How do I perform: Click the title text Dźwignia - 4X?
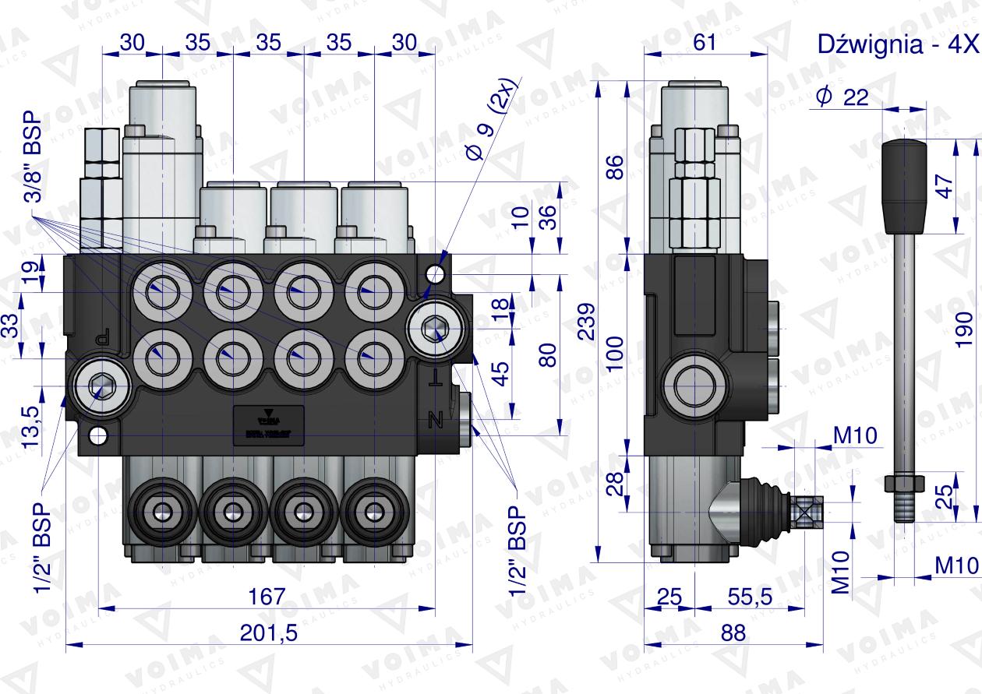coord(896,44)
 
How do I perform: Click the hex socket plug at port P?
coord(97,386)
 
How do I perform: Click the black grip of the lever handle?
coord(904,187)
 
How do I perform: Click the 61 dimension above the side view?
coord(704,43)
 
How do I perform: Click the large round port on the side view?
coord(695,386)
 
